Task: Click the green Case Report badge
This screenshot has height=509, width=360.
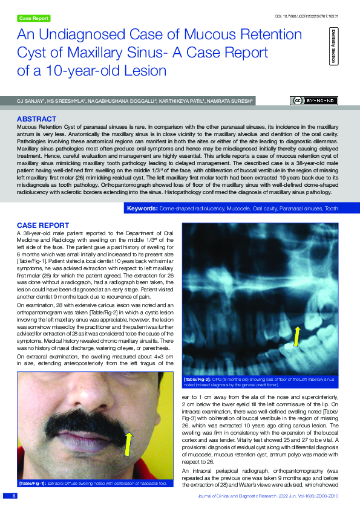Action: click(x=34, y=19)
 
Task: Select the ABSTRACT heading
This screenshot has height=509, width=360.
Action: click(x=37, y=119)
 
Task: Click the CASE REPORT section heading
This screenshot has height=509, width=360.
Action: click(x=42, y=225)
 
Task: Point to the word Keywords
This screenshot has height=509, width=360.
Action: click(x=142, y=209)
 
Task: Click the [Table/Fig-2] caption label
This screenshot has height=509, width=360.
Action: click(x=197, y=379)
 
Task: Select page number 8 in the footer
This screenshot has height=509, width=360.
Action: click(x=13, y=495)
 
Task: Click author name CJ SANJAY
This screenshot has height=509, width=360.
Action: click(x=29, y=100)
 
